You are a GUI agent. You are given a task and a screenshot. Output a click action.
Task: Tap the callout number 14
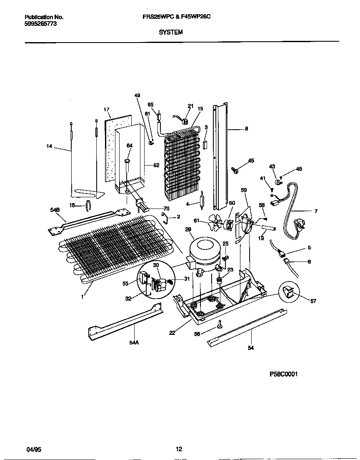pos(50,146)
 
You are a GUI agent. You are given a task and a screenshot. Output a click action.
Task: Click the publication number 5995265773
pos(41,24)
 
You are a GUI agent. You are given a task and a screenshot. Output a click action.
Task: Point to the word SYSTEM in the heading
pos(171,32)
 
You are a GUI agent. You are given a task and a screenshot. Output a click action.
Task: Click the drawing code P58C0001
pos(283,375)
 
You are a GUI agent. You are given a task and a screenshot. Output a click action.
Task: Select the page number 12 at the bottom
pos(179,449)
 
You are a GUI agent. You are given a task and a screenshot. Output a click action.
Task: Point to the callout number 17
pos(106,109)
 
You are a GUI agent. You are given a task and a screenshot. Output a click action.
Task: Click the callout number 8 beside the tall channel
pos(246,129)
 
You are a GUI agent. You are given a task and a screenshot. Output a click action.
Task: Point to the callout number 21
pos(190,106)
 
